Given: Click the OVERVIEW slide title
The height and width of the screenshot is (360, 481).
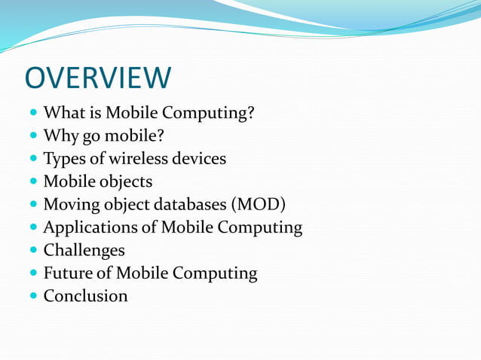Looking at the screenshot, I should (98, 78).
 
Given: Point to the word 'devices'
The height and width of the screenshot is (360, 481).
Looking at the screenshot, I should (198, 159).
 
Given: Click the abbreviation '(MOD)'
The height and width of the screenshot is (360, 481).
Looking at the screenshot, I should (259, 204).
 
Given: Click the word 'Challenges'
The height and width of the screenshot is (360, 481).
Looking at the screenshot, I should (84, 250).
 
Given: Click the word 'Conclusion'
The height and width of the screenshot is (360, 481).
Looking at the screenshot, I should (85, 295).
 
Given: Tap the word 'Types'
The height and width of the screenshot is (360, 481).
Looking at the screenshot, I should (63, 159).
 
